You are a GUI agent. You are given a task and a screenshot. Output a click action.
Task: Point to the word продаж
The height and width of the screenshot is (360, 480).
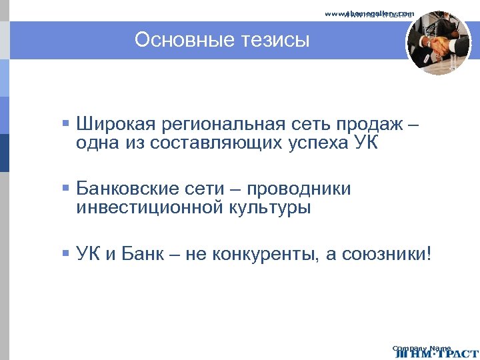tap(367, 125)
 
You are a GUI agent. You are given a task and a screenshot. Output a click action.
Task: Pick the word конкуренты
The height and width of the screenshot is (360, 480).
tap(263, 253)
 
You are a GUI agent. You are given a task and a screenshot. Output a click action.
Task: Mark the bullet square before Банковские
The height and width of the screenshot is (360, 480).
tap(65, 188)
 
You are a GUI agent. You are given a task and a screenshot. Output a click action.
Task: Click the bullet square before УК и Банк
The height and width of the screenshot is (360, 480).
tap(65, 253)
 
